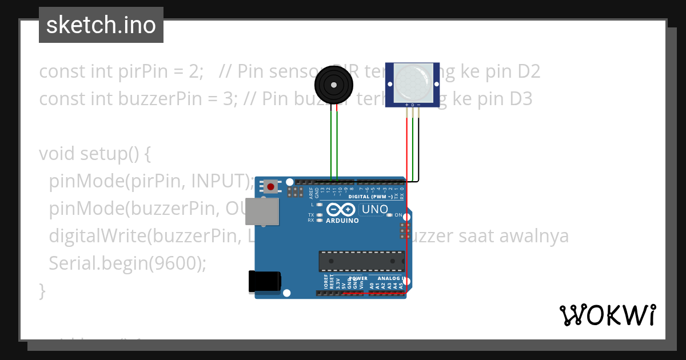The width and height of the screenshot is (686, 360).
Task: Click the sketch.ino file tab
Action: tap(101, 25)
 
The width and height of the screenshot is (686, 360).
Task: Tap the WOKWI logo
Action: tap(607, 315)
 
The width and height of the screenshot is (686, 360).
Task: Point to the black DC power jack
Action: tap(264, 282)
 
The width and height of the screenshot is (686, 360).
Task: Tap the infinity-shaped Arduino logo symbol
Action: tap(342, 210)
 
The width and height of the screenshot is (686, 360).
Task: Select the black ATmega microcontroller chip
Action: tap(361, 261)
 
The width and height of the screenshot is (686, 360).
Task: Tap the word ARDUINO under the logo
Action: tap(342, 221)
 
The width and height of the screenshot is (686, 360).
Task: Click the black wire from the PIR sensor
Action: tap(418, 149)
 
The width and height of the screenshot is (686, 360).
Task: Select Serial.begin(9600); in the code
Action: tap(127, 263)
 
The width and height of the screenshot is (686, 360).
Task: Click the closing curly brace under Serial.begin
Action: tap(42, 290)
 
